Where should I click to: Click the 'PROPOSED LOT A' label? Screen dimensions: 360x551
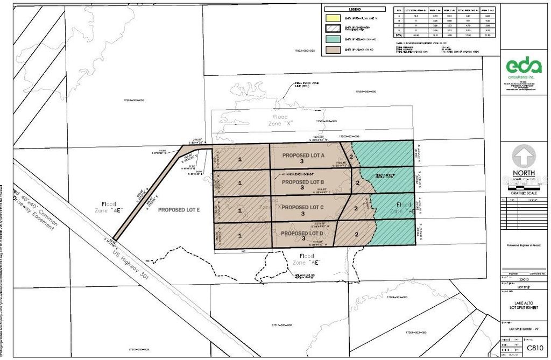[x=303, y=155]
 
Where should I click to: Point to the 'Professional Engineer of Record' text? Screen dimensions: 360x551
[x=525, y=245]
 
